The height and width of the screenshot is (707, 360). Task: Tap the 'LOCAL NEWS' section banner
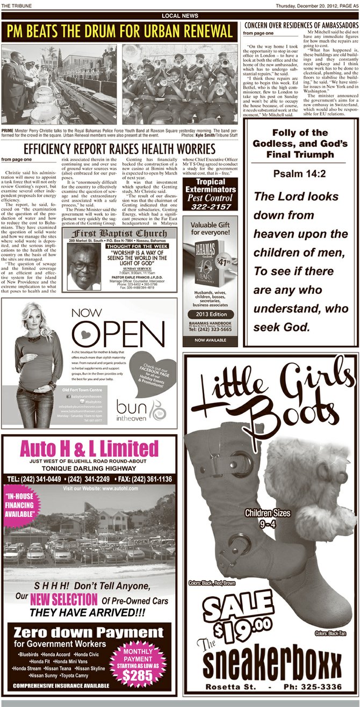pyautogui.click(x=179, y=16)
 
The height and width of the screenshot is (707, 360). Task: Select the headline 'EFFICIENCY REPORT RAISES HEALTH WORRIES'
pyautogui.click(x=119, y=148)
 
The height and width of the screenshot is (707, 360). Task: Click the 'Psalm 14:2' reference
pyautogui.click(x=299, y=174)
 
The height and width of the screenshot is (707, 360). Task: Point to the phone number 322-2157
pyautogui.click(x=210, y=206)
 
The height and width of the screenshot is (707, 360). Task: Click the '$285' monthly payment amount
pyautogui.click(x=138, y=675)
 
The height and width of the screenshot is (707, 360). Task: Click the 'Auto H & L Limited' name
pyautogui.click(x=89, y=449)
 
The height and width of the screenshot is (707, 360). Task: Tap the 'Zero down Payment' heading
pyautogui.click(x=89, y=632)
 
